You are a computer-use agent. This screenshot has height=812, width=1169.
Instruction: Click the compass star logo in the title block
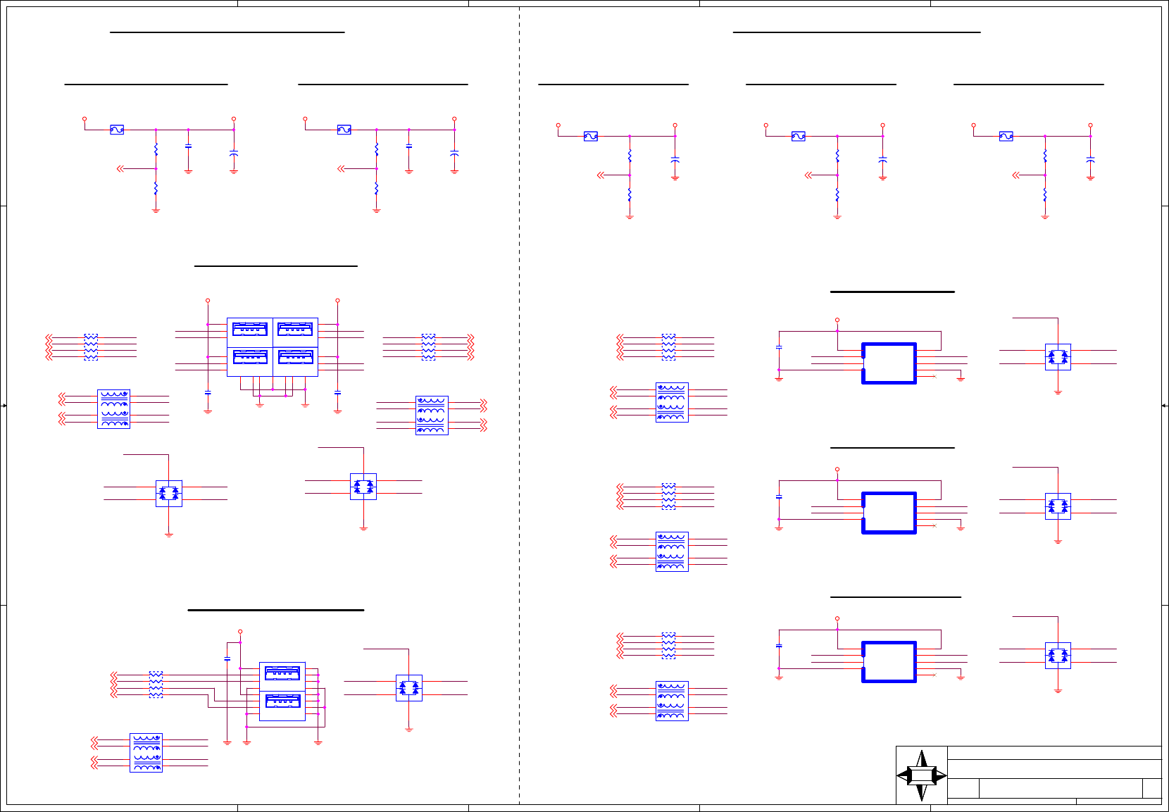(x=921, y=775)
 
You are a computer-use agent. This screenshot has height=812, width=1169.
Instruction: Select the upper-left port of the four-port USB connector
(x=250, y=329)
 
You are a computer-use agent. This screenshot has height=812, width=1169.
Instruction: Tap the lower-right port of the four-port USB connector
(x=295, y=357)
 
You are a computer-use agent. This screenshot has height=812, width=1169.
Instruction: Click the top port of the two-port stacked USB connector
(x=282, y=674)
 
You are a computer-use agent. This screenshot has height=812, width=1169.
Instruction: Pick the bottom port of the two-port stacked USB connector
(x=282, y=701)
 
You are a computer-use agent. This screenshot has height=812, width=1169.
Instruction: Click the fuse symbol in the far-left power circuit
(x=117, y=130)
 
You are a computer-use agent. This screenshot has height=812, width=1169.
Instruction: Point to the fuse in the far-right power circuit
(x=1006, y=136)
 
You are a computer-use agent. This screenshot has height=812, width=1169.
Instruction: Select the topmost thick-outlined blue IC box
(x=889, y=363)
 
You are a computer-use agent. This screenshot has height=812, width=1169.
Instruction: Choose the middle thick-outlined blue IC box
(x=889, y=513)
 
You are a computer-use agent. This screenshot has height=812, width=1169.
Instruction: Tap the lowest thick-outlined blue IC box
(x=889, y=662)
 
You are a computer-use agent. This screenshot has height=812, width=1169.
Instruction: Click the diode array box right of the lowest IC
(x=1058, y=656)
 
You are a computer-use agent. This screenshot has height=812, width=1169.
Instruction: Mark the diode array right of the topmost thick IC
(x=1058, y=357)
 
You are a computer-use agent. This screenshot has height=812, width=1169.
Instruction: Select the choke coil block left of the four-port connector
(x=113, y=409)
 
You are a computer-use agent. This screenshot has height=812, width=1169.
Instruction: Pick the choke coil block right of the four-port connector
(x=432, y=416)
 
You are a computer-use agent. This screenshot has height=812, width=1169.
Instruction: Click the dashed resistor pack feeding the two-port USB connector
(x=156, y=685)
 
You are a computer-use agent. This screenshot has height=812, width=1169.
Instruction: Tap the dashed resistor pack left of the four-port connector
(x=91, y=347)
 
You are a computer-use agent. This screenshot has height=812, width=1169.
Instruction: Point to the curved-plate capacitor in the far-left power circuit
(x=234, y=152)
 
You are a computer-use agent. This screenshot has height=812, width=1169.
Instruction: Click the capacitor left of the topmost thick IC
(x=779, y=347)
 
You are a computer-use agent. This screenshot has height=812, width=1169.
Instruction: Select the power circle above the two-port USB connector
(x=240, y=632)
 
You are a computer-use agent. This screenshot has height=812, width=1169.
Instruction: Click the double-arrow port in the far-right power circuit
(x=1016, y=175)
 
